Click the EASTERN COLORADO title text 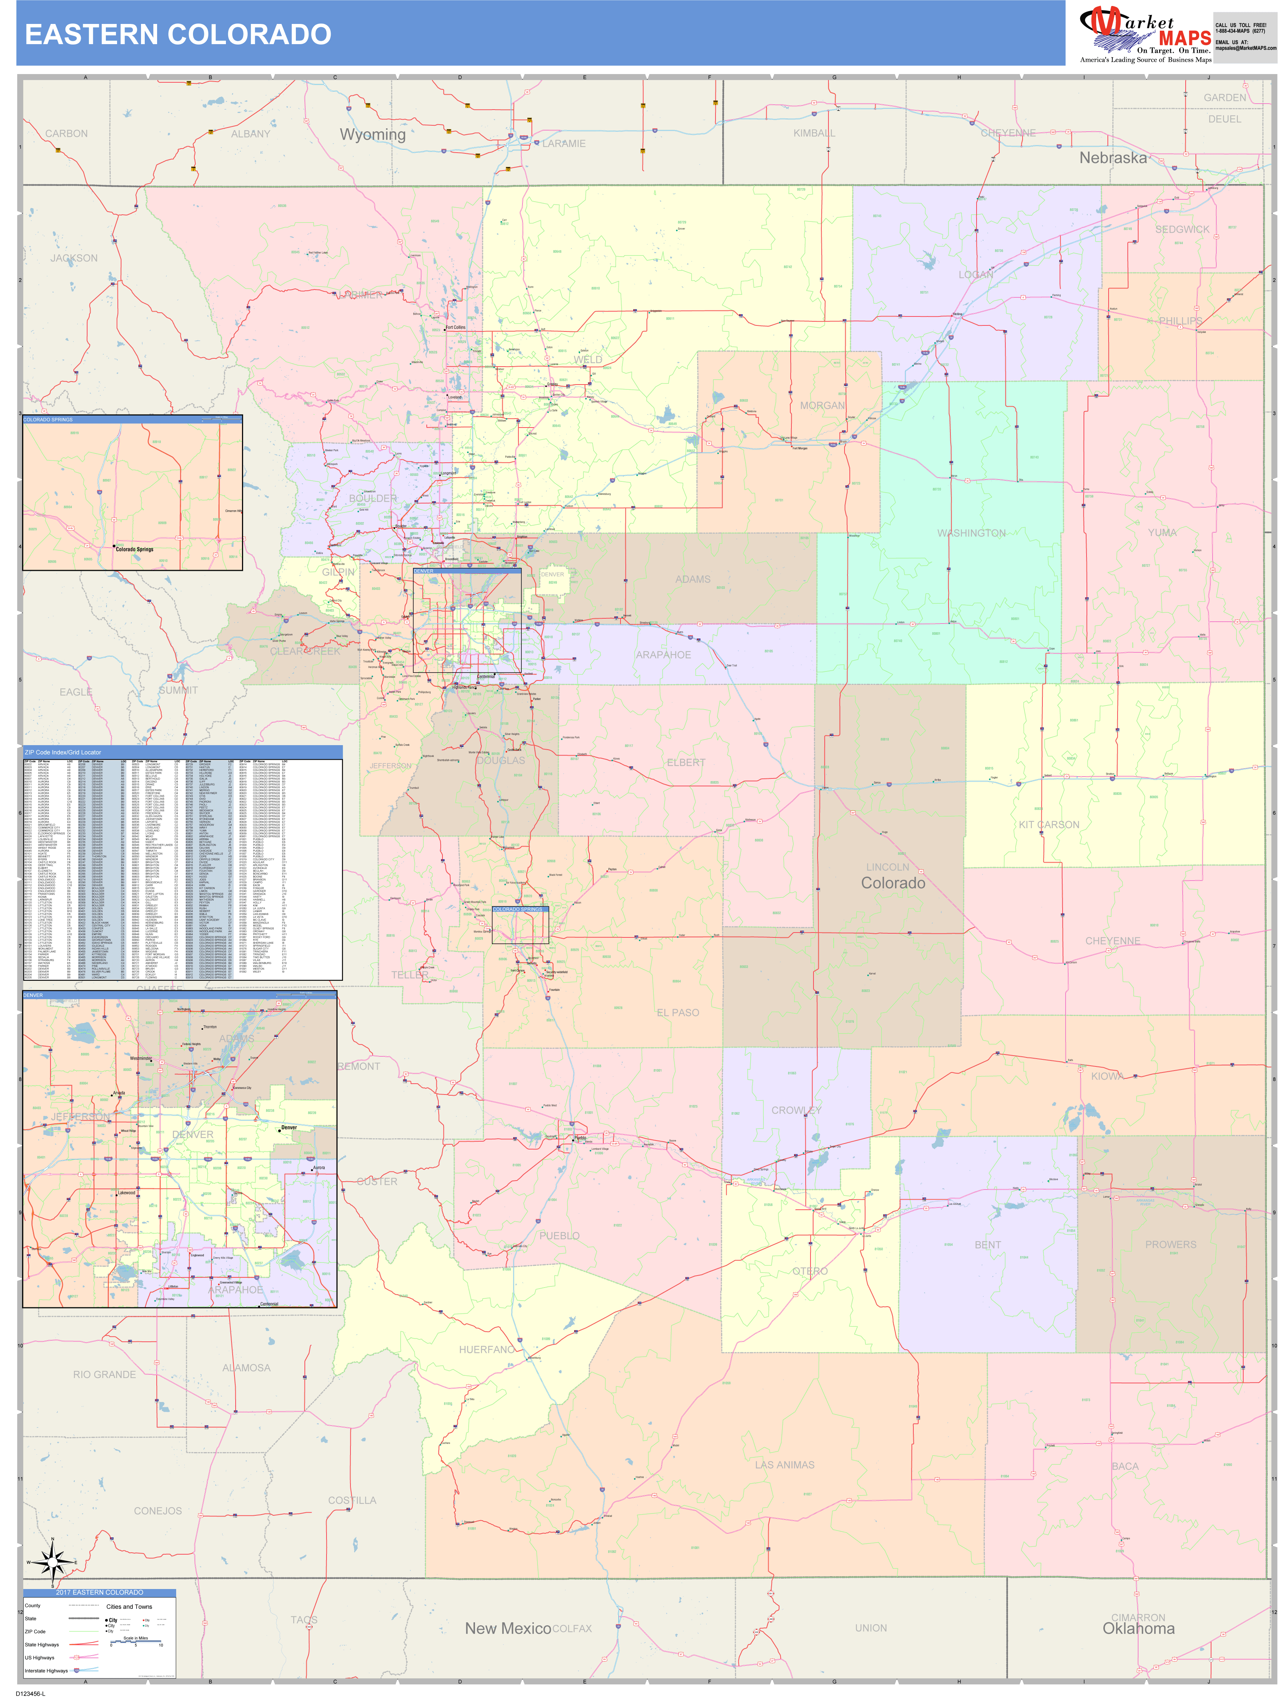(178, 34)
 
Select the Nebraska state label (1113, 158)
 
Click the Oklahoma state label (1138, 1628)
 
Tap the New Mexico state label (508, 1628)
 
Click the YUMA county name (1162, 532)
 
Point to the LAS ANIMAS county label (784, 1465)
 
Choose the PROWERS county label (1170, 1244)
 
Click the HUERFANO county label (487, 1350)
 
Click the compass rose (52, 1562)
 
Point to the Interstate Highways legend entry (46, 1671)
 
